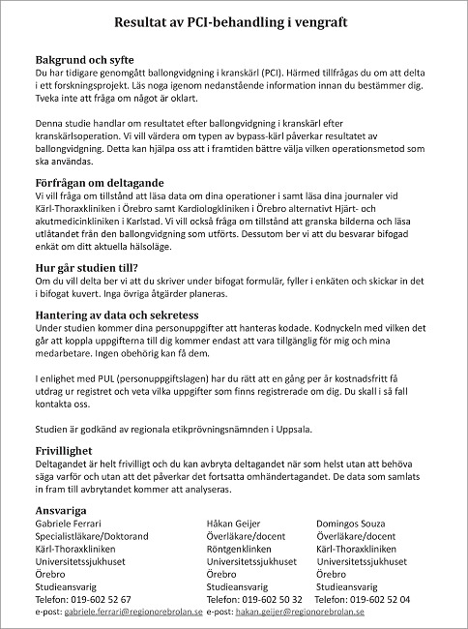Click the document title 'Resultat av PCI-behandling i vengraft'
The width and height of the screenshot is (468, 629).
coord(231,20)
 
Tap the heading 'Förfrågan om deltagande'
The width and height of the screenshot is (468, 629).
coord(101,183)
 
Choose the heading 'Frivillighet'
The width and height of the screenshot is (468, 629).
coord(69,451)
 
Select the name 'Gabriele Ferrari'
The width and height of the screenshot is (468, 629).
coord(73,524)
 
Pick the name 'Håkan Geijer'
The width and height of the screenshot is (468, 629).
coord(236,524)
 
